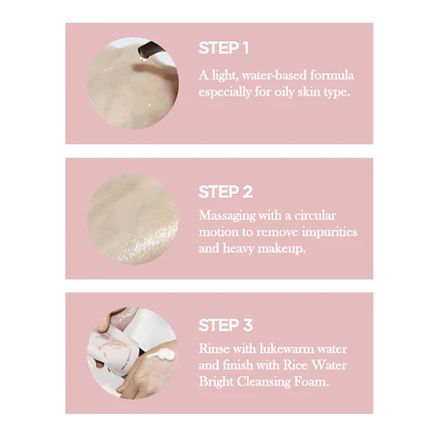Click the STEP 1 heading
pos(223,48)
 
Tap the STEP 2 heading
pos(226,192)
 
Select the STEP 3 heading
pos(226,325)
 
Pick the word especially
pos(226,92)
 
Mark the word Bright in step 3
pos(217,382)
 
